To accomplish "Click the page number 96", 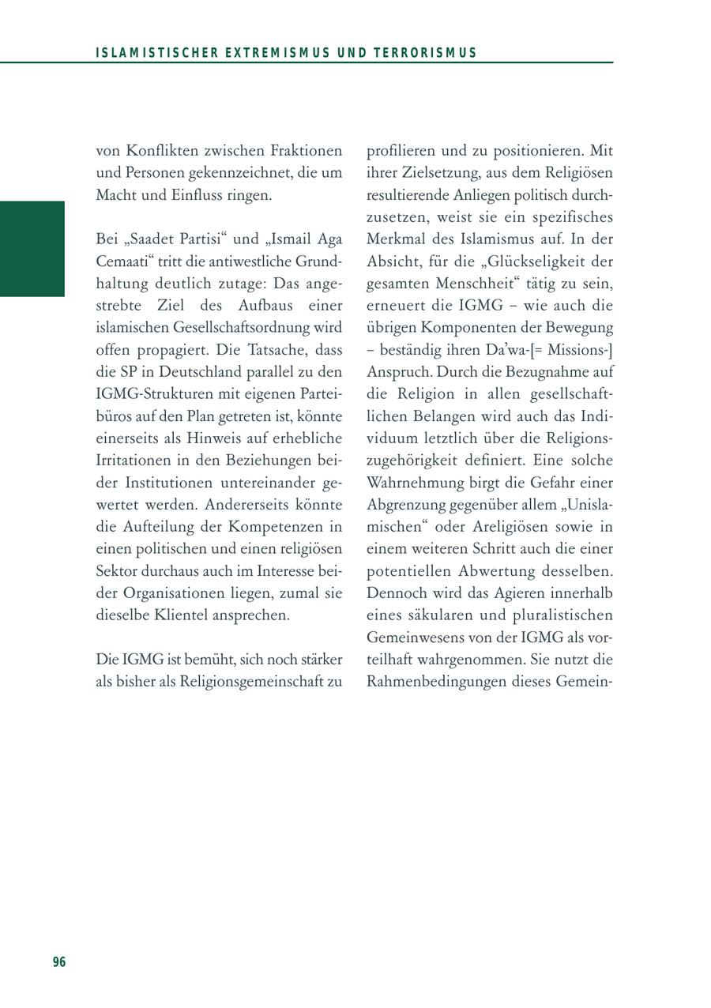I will (59, 961).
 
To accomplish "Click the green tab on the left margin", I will (32, 249).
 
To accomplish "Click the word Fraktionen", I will (305, 150).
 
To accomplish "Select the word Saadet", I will (151, 239).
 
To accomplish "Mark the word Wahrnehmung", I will (416, 482).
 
